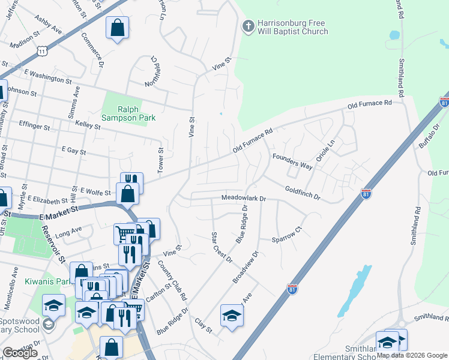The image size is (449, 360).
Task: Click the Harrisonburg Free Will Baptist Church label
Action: (x=292, y=28)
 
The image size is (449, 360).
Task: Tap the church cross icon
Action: (x=247, y=26)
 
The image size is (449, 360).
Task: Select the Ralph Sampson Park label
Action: (x=128, y=113)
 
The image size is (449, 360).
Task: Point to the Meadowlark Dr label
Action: (x=243, y=197)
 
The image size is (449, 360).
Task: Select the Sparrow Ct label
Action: (x=286, y=237)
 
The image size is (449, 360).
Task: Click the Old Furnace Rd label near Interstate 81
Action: (x=369, y=106)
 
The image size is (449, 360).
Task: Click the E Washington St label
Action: (x=48, y=78)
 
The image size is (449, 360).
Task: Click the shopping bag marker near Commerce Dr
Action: (x=118, y=28)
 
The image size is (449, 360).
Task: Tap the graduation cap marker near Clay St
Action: (x=232, y=316)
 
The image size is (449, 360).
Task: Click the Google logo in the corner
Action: (x=20, y=353)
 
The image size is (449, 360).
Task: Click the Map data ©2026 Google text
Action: (x=412, y=355)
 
